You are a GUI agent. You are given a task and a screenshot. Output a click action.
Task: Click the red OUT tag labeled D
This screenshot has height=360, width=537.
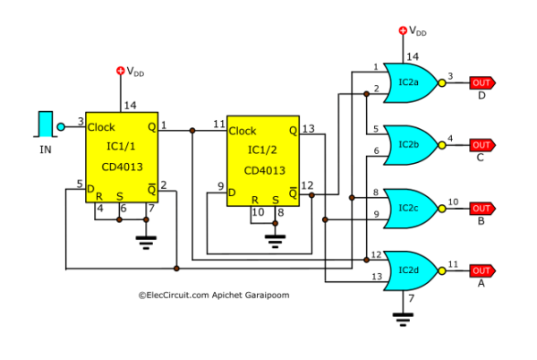(x=481, y=83)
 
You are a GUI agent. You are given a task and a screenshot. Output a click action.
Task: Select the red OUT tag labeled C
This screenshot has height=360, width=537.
(x=481, y=144)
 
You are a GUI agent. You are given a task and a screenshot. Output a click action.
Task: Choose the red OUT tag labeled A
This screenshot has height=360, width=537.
(x=481, y=270)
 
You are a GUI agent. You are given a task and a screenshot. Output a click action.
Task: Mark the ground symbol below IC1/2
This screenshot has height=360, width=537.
(x=277, y=240)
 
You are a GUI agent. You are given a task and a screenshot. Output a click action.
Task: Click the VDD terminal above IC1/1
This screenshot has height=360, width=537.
(x=121, y=70)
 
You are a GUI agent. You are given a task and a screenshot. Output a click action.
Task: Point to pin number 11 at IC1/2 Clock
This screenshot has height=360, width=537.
(x=218, y=124)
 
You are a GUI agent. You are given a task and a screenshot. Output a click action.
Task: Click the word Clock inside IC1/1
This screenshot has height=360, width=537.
(x=101, y=127)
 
